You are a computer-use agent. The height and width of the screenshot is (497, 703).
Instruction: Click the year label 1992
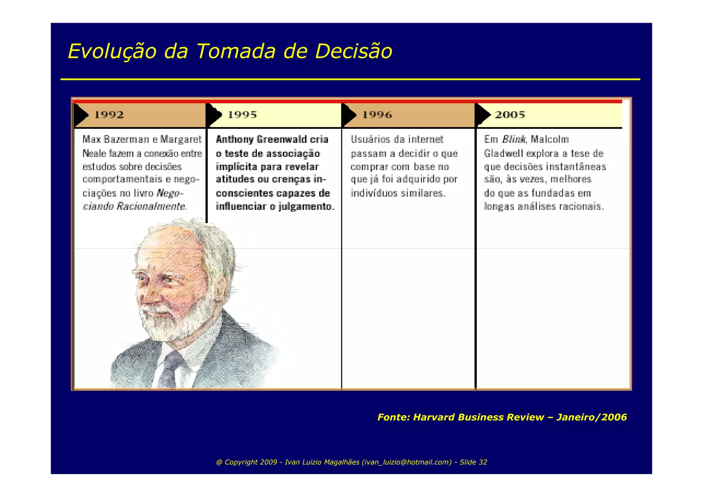click(x=109, y=115)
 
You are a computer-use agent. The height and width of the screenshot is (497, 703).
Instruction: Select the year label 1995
click(x=242, y=115)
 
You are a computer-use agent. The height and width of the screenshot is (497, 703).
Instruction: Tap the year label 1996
click(x=377, y=115)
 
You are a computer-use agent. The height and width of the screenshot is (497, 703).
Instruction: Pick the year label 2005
click(x=510, y=115)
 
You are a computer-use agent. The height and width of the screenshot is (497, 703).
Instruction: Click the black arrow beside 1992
click(x=81, y=115)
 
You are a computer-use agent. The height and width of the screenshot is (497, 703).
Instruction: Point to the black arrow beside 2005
click(x=483, y=115)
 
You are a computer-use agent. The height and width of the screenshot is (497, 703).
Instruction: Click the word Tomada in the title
click(x=236, y=52)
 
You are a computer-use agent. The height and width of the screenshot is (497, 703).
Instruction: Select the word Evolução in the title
click(x=112, y=52)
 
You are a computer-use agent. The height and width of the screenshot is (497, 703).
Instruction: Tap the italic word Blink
click(x=513, y=139)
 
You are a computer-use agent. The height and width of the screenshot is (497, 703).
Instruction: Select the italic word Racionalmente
click(x=151, y=206)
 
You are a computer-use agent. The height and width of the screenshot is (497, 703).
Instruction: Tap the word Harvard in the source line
click(x=434, y=417)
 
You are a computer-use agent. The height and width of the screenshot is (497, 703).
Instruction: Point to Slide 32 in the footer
click(x=473, y=462)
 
